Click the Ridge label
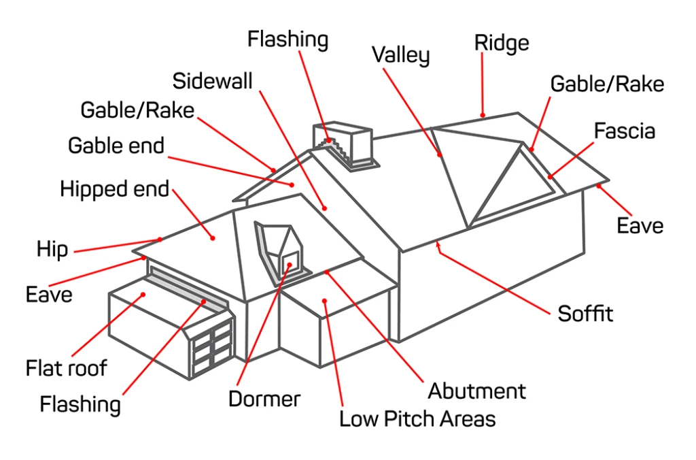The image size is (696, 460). coord(501,43)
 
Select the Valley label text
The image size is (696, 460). coord(400,55)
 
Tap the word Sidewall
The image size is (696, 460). coord(212,81)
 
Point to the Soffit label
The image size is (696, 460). coord(585,314)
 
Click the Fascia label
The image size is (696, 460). coord(625,131)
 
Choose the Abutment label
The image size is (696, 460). coord(476,391)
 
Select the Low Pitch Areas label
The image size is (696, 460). coord(417,418)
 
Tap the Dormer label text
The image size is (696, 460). coord(264,399)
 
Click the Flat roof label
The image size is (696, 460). coord(67,368)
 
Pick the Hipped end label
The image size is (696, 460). coord(114,189)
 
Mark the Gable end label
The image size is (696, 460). coord(116,145)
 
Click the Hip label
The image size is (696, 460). coord(52,249)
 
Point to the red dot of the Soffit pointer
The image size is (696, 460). coord(438,242)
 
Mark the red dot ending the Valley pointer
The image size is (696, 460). coord(440,154)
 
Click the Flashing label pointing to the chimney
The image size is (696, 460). coord(288,39)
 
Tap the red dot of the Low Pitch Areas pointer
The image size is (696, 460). coord(326,300)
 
